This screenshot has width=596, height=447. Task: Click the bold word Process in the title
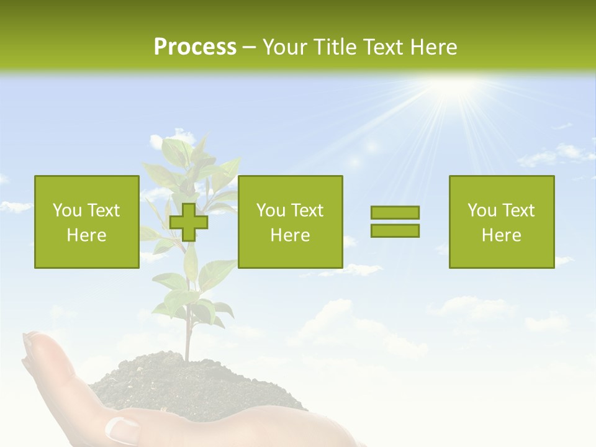(195, 47)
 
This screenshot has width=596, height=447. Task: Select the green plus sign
(189, 222)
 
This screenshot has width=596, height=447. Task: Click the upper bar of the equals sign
(395, 213)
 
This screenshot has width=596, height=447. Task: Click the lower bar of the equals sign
(395, 230)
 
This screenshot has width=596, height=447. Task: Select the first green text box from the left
(87, 222)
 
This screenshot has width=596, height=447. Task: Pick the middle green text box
(290, 222)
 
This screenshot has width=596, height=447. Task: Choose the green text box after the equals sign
(501, 222)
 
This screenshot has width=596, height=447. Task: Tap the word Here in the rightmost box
(501, 235)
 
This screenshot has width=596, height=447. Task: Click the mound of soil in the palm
(186, 385)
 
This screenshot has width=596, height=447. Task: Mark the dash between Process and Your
(250, 47)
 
